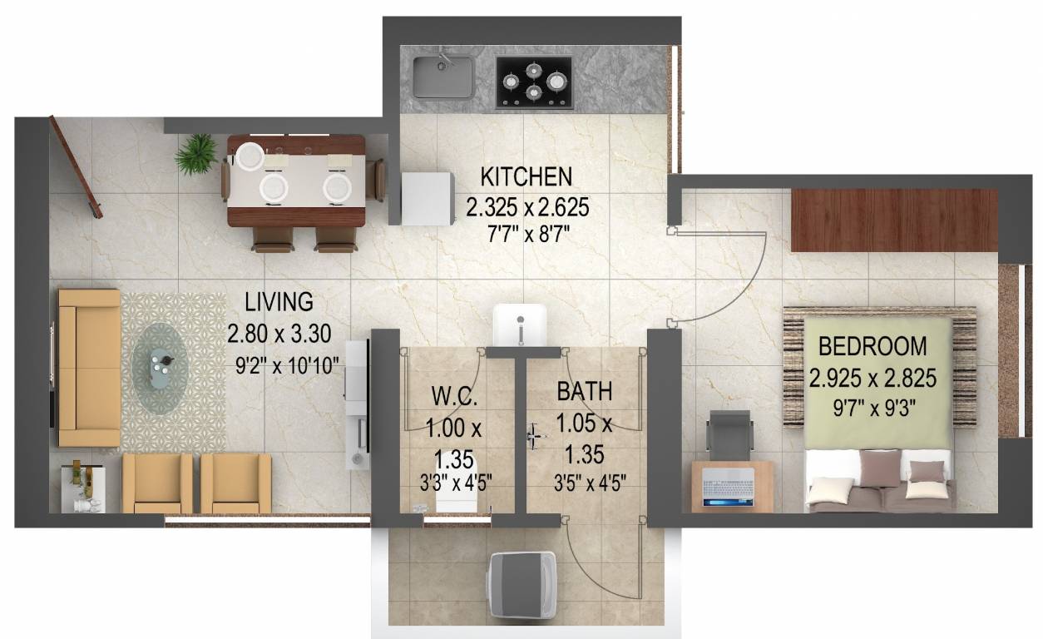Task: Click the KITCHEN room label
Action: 526,176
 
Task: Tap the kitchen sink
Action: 442,77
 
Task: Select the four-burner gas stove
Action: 534,82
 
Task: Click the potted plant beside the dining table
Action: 196,155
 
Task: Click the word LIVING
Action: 278,301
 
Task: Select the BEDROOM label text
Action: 872,345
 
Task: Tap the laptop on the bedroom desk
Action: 729,487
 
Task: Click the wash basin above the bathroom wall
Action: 520,325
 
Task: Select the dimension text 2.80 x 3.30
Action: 279,334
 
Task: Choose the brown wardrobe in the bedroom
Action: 893,220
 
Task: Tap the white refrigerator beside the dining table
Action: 428,197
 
